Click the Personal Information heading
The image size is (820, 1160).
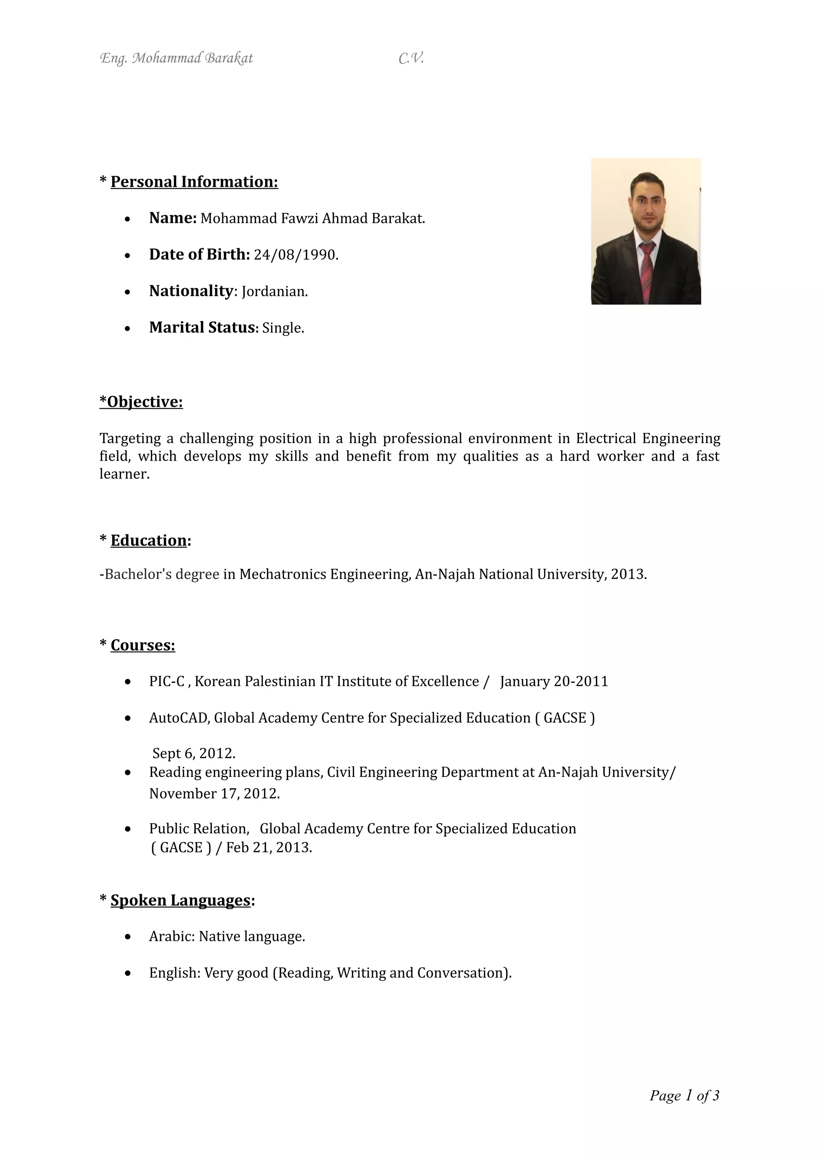pos(194,182)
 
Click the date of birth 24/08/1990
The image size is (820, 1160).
pos(295,255)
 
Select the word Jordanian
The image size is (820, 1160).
pos(274,291)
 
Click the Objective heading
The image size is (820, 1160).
pos(141,401)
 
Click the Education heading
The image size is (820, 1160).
pos(149,541)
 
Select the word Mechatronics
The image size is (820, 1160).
pos(282,574)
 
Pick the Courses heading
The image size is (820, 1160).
pos(143,645)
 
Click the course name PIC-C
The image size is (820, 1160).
pos(167,682)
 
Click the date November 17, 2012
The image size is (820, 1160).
pos(214,794)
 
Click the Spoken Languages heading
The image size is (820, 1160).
pos(180,900)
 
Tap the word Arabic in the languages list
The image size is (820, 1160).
pos(171,937)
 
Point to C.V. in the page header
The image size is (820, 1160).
pos(411,58)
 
